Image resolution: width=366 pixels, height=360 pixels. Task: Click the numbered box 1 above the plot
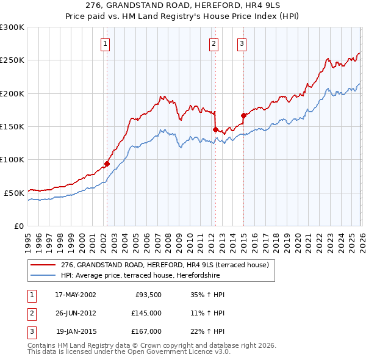point(106,43)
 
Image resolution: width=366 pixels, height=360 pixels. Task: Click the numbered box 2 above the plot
point(214,43)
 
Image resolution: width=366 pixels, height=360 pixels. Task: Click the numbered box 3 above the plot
point(242,43)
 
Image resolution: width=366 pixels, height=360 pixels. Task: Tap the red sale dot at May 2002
point(107,164)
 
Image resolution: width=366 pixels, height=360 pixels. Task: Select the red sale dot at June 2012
point(215,129)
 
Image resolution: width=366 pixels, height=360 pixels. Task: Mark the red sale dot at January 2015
point(243,115)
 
